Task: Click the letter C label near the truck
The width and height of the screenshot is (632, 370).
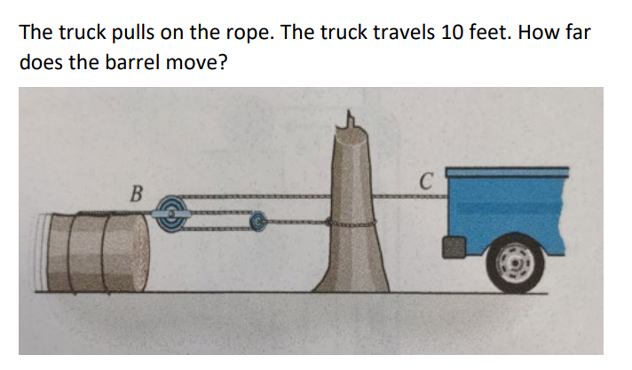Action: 425,185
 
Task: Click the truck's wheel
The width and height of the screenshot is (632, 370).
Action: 512,260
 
